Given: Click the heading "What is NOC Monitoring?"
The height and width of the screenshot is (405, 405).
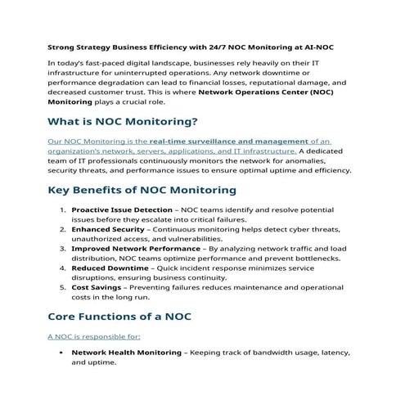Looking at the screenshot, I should [x=123, y=122].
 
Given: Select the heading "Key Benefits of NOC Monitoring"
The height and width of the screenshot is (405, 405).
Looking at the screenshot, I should [x=142, y=190].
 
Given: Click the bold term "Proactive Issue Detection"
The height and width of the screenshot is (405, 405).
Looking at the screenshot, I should [x=122, y=210].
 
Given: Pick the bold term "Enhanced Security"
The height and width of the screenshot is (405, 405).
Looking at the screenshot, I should [x=105, y=230].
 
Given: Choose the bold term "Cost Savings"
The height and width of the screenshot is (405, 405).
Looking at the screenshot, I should [x=92, y=287].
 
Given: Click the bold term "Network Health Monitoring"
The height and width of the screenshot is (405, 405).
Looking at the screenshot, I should [x=126, y=353].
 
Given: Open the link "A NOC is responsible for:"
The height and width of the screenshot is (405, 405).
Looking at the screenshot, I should [x=94, y=335].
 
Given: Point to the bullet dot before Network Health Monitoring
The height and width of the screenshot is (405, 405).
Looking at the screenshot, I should [x=62, y=353].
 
